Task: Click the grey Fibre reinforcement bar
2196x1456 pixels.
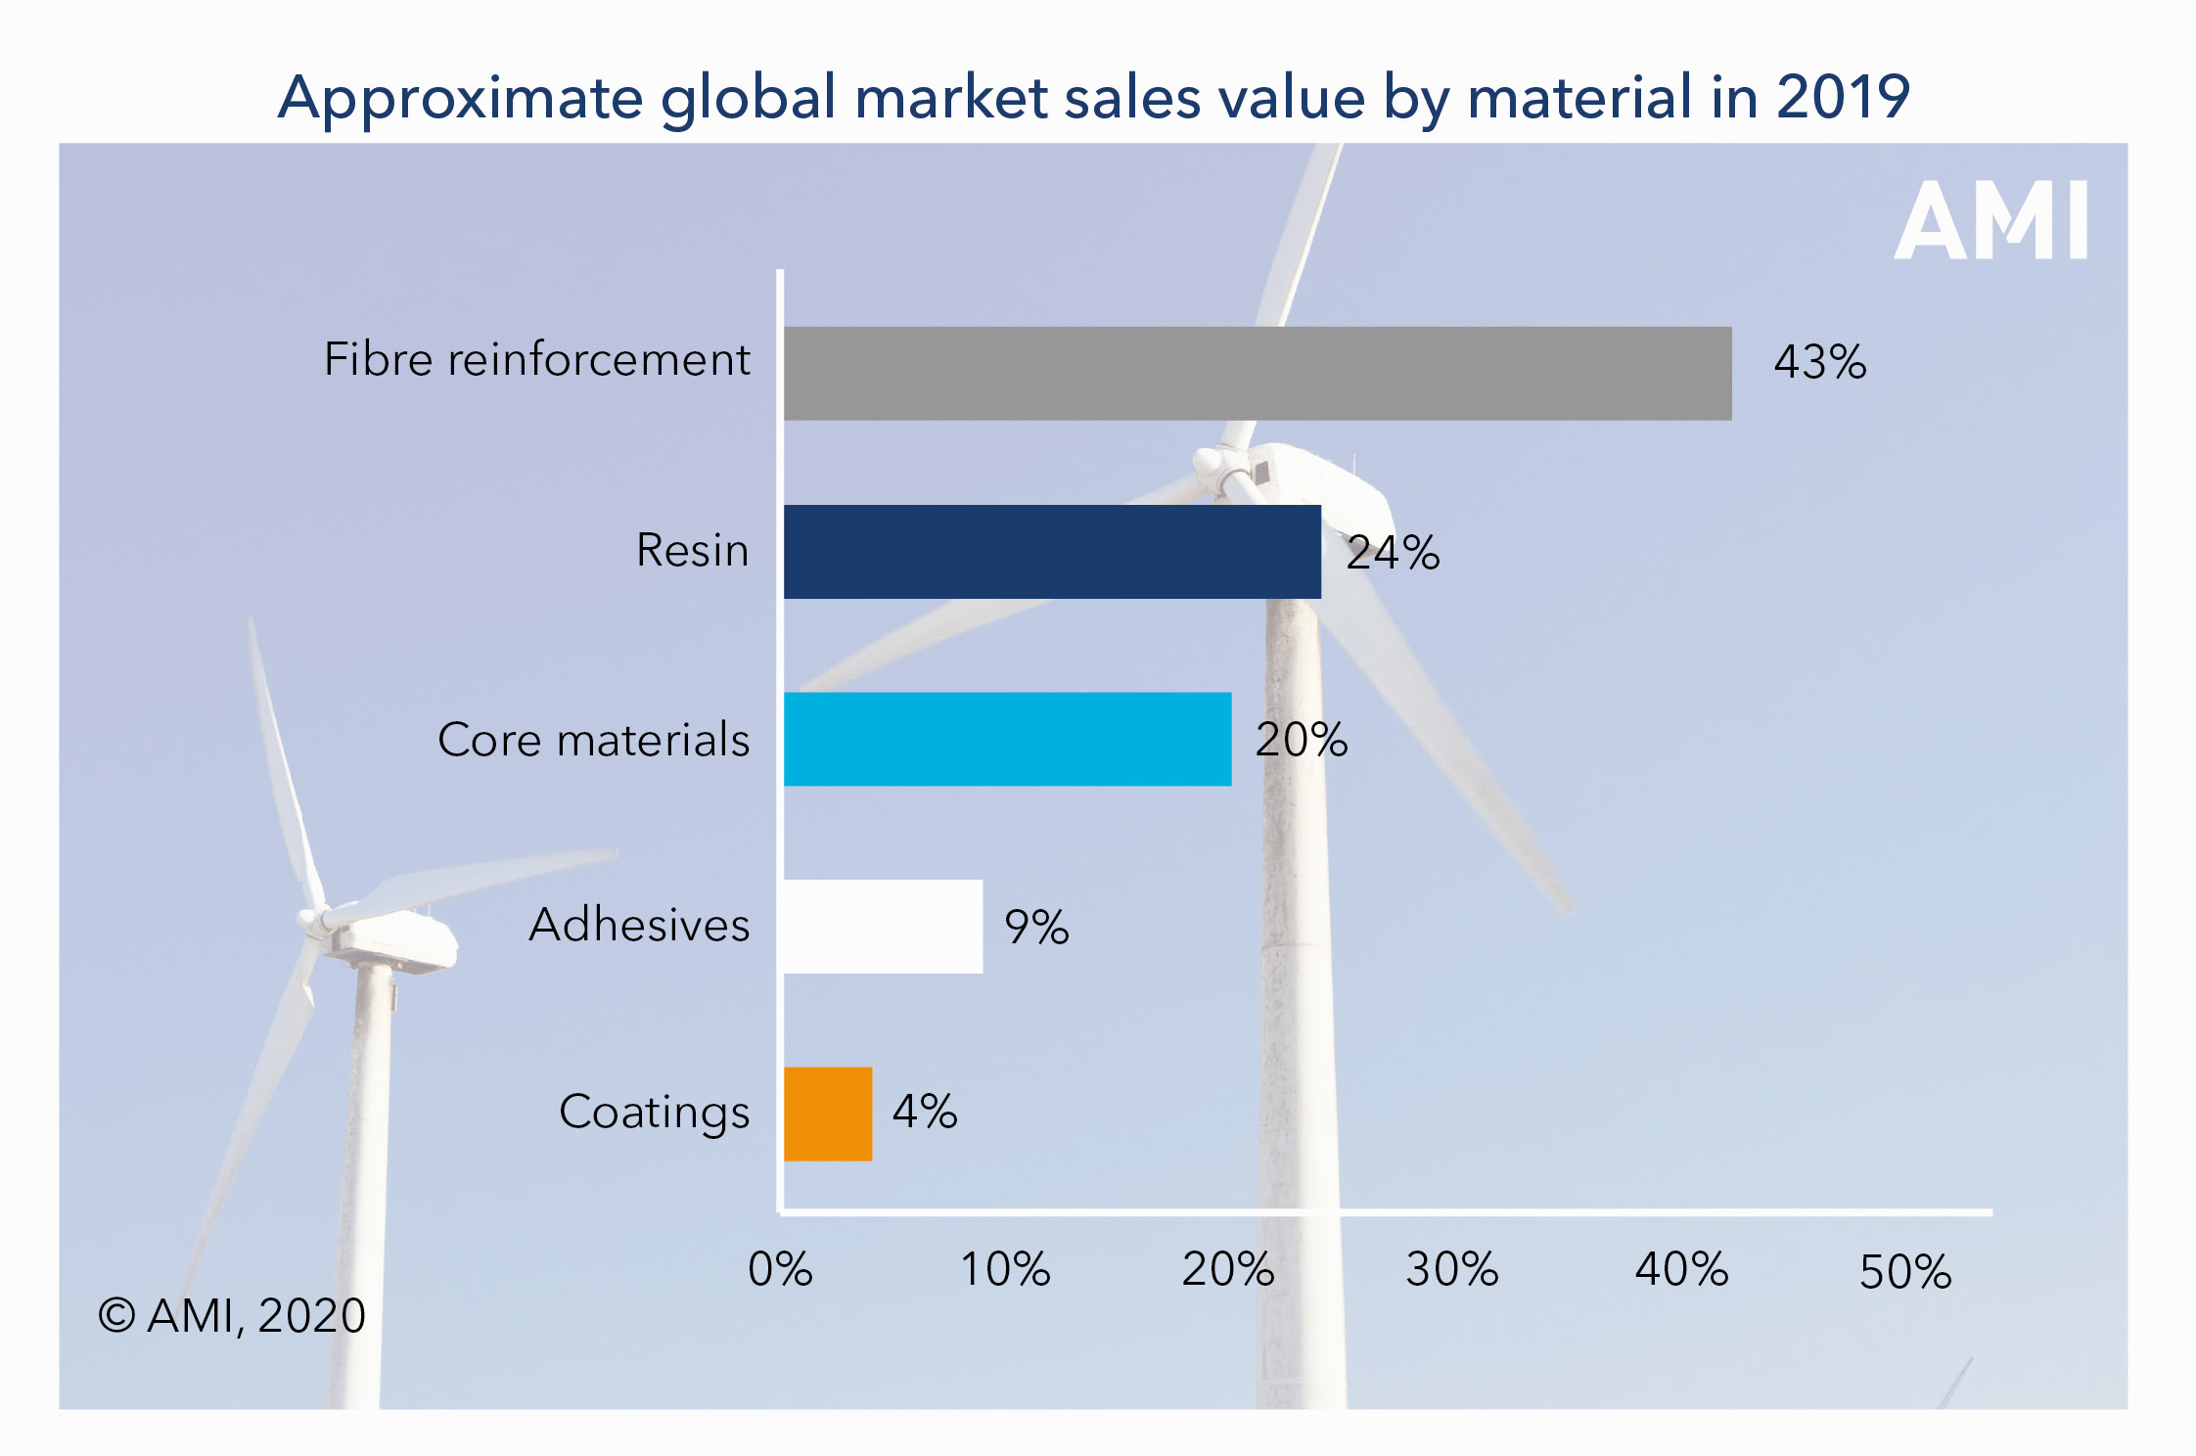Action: (1257, 374)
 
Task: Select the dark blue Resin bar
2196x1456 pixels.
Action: (1052, 552)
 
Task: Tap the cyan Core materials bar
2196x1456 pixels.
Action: (1007, 740)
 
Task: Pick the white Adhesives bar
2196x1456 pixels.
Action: (883, 927)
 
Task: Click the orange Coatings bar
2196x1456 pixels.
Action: (828, 1114)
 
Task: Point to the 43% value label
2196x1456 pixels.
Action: (1819, 362)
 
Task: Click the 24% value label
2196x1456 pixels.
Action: (1393, 553)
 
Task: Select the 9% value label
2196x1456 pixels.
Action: (1036, 927)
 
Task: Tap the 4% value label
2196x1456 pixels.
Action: (925, 1112)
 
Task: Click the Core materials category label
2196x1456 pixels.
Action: (593, 740)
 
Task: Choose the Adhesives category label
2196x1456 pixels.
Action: (639, 925)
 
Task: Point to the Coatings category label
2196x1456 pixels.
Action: (654, 1113)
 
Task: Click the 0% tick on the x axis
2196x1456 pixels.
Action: (780, 1270)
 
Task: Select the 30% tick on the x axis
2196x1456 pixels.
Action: (1452, 1270)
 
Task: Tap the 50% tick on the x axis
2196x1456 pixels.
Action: (1905, 1272)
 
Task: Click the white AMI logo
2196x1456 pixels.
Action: (1990, 221)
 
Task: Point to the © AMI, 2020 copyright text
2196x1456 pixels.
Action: (232, 1316)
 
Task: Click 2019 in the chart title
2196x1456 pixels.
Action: (1843, 97)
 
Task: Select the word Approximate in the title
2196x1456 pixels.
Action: (460, 99)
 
